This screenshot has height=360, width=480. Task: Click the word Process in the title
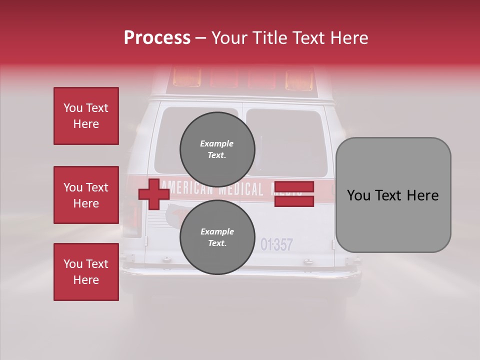(x=157, y=38)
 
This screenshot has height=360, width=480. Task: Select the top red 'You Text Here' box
(x=86, y=116)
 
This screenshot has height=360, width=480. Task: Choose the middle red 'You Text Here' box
(x=86, y=195)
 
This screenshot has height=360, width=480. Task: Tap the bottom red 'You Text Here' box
(x=86, y=272)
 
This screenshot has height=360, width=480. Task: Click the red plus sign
(x=154, y=194)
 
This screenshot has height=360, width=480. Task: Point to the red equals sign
(x=294, y=194)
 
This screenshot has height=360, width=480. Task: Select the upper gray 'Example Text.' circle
(x=217, y=149)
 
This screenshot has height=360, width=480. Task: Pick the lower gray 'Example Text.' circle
(x=217, y=237)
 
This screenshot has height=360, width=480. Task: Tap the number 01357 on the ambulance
(x=276, y=244)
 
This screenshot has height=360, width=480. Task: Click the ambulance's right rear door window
(x=286, y=142)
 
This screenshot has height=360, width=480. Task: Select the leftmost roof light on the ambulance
(x=186, y=78)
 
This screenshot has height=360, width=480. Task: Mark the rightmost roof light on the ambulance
(x=298, y=79)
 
